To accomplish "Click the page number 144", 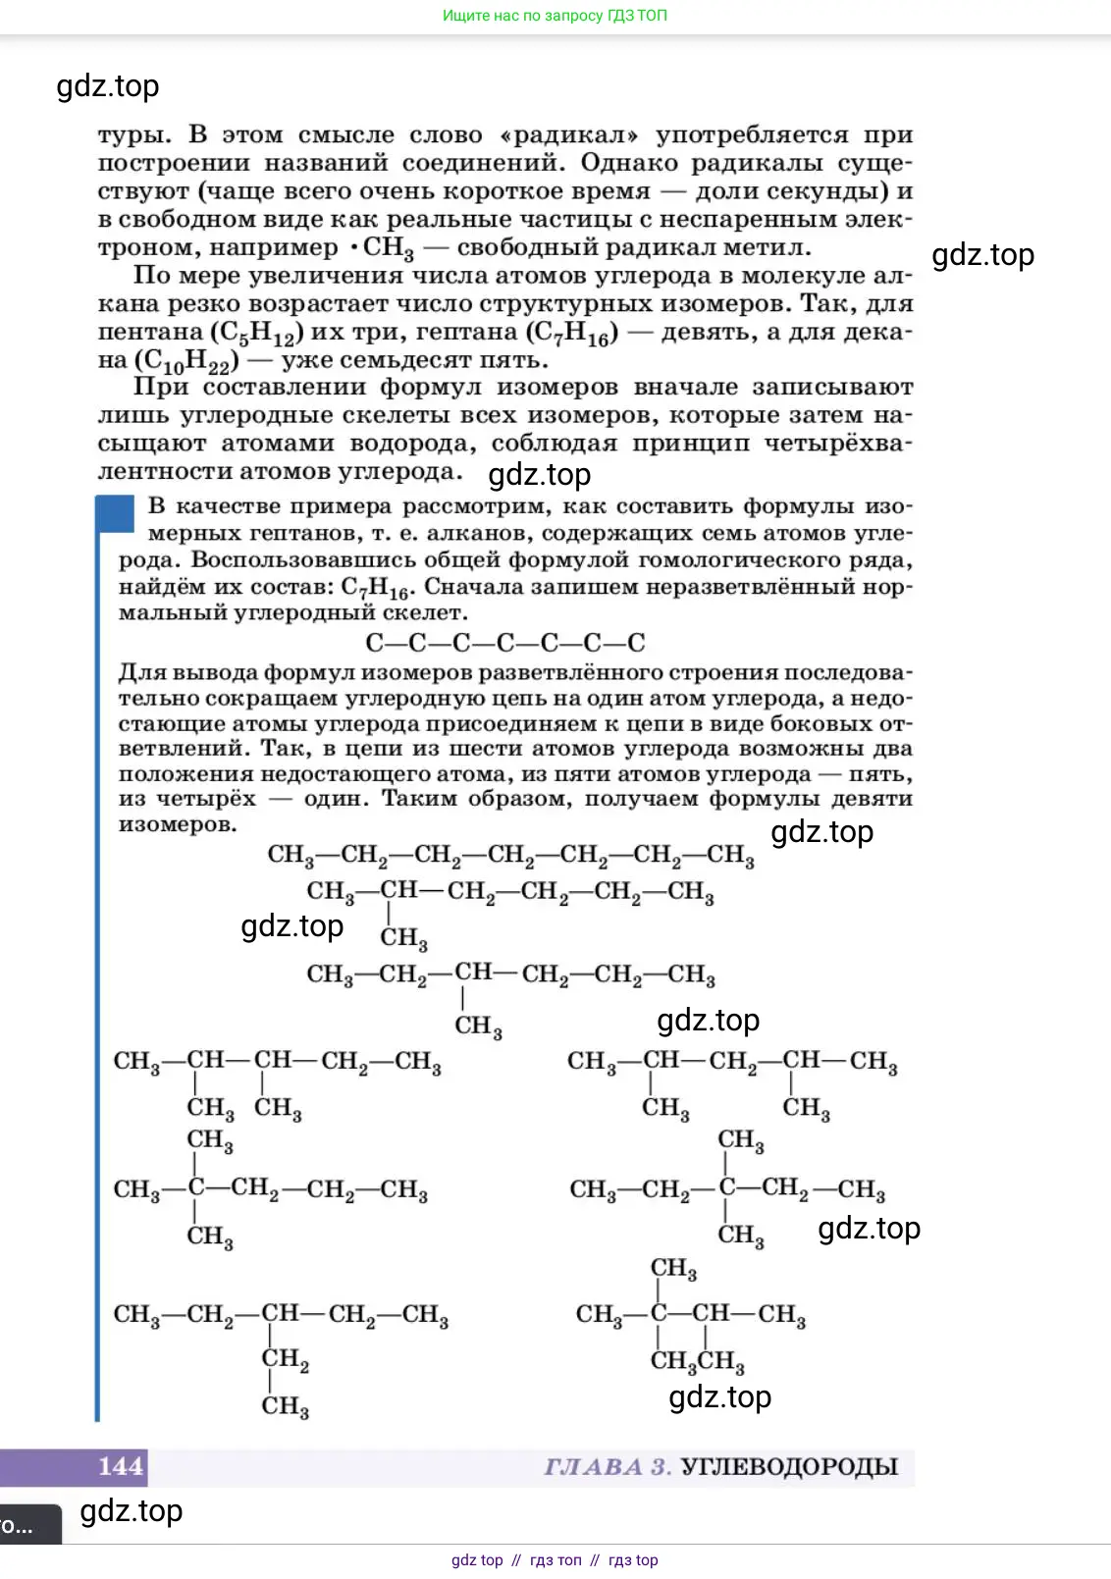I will click(x=121, y=1466).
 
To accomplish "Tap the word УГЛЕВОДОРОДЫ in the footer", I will click(x=789, y=1467).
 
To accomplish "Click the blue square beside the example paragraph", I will click(x=115, y=514).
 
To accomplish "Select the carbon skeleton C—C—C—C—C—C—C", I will click(x=504, y=643).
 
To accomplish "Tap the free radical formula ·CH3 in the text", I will click(x=382, y=248).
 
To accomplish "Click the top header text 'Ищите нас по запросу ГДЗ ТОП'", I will click(x=555, y=16).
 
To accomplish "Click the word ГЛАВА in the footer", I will click(x=594, y=1467).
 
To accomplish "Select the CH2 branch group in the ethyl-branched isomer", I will click(x=285, y=1359).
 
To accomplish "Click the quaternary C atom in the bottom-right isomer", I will click(x=659, y=1313).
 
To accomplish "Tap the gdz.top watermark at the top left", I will click(x=108, y=86).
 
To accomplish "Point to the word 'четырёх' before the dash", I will click(x=206, y=799).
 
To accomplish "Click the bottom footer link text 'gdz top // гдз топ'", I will click(x=555, y=1560).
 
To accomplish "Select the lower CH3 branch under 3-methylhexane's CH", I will click(x=478, y=1026).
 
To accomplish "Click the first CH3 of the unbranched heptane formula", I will click(x=291, y=855).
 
